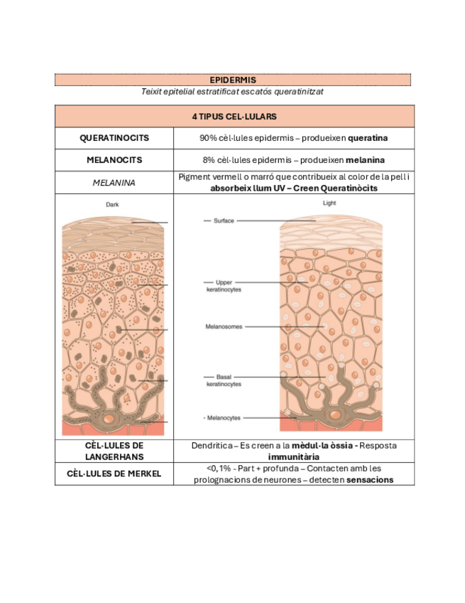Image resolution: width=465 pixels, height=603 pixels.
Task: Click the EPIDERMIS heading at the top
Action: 233,80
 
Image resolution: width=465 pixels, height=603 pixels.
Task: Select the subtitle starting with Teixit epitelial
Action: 233,91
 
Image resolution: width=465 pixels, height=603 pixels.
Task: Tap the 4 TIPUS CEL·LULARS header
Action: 234,116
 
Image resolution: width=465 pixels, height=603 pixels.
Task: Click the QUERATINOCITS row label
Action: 114,138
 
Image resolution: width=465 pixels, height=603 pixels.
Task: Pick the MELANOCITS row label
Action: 114,160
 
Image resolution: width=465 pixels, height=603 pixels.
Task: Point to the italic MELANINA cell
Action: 114,182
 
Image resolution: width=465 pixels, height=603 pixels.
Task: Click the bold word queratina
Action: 368,138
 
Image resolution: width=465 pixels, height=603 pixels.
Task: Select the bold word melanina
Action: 370,160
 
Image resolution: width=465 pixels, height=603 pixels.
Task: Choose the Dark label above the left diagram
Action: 112,205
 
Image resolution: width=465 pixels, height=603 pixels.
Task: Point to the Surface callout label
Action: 224,220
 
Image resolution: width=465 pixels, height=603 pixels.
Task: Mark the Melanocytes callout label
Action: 223,417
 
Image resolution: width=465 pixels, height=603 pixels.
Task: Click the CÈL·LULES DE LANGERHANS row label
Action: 114,451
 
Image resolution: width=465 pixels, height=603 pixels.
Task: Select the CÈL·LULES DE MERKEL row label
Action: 114,474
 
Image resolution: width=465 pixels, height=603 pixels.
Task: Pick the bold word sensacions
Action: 370,480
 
